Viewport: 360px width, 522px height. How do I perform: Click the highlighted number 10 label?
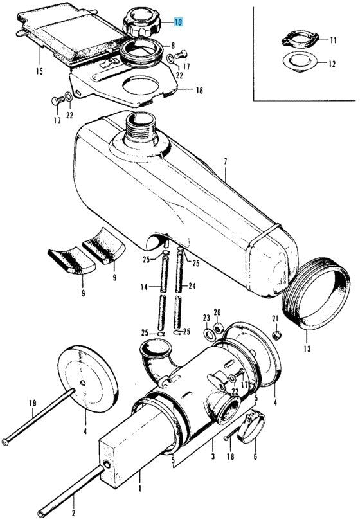(179, 22)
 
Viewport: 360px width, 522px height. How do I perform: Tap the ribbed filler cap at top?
(141, 22)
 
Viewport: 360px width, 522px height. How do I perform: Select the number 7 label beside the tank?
(226, 162)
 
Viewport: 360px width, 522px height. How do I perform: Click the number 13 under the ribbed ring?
(307, 348)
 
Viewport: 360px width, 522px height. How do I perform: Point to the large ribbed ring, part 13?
(316, 292)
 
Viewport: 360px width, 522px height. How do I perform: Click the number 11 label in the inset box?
(334, 40)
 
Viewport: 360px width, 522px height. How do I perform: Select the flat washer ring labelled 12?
(299, 62)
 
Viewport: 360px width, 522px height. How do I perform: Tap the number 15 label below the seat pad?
(40, 71)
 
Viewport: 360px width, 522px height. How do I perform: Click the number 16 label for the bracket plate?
(199, 90)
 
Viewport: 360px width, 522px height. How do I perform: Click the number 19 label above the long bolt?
(32, 404)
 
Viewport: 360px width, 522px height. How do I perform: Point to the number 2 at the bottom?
(73, 513)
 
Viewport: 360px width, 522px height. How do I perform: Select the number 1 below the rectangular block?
(140, 489)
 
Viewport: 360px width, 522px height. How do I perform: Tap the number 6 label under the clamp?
(255, 456)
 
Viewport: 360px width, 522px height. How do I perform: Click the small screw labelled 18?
(233, 435)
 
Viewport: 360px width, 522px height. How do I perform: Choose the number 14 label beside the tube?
(143, 286)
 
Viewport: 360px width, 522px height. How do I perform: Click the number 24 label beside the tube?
(192, 286)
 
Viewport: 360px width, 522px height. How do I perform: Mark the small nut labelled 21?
(276, 335)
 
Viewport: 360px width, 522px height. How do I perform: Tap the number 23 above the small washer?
(206, 318)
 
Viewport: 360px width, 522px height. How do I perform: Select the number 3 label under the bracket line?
(213, 456)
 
